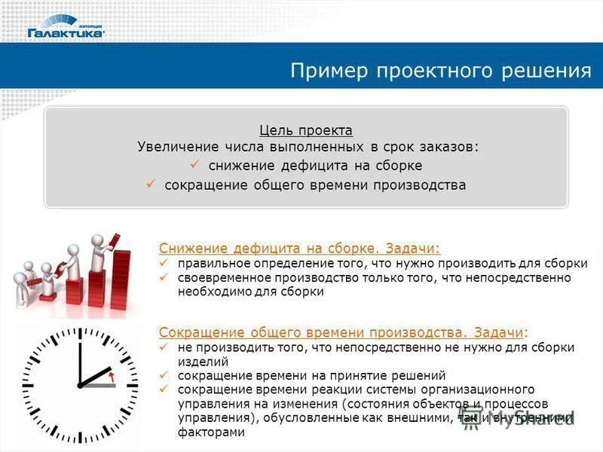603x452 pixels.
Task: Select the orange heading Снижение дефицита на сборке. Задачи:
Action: (299, 248)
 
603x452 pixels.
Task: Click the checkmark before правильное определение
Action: (164, 264)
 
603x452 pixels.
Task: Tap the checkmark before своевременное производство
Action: (164, 278)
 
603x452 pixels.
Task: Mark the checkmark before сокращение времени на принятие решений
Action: (164, 375)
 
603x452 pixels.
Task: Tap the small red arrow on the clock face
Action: (112, 374)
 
